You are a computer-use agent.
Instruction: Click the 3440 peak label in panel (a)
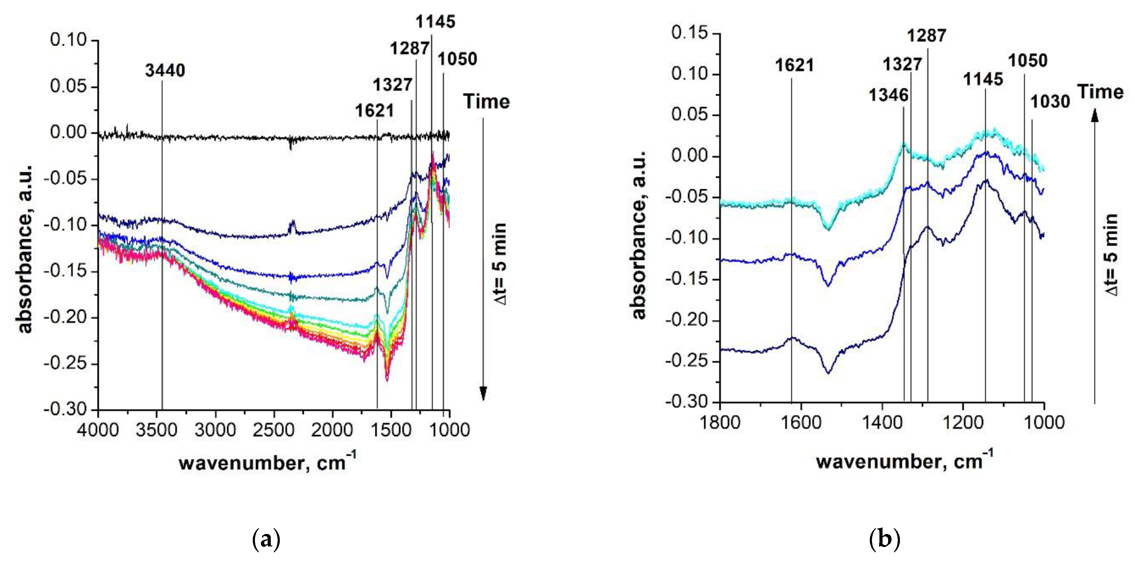pos(165,71)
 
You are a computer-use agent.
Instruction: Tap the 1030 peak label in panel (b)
pos(1050,102)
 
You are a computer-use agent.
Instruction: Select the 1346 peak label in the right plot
pos(888,95)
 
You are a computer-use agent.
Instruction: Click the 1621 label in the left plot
pos(375,111)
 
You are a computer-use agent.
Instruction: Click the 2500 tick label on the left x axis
pos(274,429)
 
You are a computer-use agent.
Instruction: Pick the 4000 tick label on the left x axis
pos(98,429)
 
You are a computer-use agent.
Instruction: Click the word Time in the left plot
pos(486,102)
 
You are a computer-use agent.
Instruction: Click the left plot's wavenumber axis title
pos(267,463)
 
